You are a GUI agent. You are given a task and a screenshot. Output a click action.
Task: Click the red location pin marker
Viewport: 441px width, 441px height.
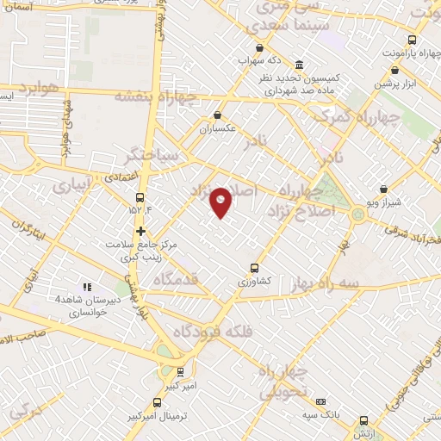point(221,202)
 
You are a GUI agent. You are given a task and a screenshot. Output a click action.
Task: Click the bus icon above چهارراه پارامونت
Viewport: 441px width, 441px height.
point(412,40)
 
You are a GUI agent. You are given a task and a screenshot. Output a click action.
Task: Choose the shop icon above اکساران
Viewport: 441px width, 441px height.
point(218,115)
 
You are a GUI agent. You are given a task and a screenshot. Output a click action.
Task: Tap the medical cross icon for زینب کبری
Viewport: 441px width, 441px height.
point(140,231)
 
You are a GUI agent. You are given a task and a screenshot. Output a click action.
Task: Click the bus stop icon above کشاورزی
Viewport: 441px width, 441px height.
point(253,267)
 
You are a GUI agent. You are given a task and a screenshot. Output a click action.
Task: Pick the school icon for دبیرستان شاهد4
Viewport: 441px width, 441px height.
point(86,287)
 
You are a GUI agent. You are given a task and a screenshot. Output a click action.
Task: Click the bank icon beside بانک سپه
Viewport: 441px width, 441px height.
point(321,401)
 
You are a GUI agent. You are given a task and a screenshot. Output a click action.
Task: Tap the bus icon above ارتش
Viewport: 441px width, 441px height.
point(363,421)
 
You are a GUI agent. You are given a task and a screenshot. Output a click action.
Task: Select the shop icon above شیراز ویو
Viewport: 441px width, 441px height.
point(384,188)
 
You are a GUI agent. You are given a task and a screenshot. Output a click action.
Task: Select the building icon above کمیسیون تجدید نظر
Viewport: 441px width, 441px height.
point(299,65)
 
